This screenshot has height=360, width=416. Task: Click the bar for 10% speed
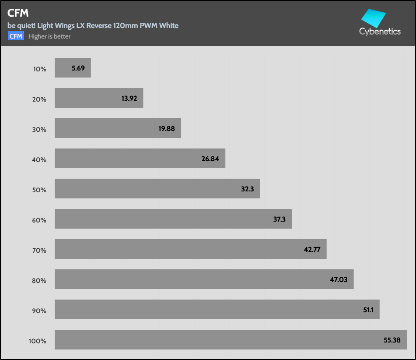[x=73, y=68]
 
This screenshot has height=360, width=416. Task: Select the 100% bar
[x=231, y=339]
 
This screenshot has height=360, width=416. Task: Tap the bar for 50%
[x=157, y=188]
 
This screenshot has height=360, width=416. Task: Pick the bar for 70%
[x=190, y=249]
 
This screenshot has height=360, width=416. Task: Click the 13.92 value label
[x=129, y=98]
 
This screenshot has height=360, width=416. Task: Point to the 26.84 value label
[x=210, y=159]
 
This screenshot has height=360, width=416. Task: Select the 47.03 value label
[x=339, y=279]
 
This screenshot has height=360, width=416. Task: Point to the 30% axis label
[x=39, y=129]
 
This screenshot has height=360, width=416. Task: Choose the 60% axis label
[x=39, y=220]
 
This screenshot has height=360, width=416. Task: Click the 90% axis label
[x=39, y=311]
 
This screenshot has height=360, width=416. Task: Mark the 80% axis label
[x=39, y=280]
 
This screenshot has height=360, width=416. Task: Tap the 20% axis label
[x=39, y=99]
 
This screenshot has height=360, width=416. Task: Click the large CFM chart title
[x=18, y=13]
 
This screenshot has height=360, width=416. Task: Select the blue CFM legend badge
[x=16, y=36]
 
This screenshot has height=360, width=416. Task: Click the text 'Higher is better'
[x=49, y=36]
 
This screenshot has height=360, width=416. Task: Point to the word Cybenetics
[x=380, y=32]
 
